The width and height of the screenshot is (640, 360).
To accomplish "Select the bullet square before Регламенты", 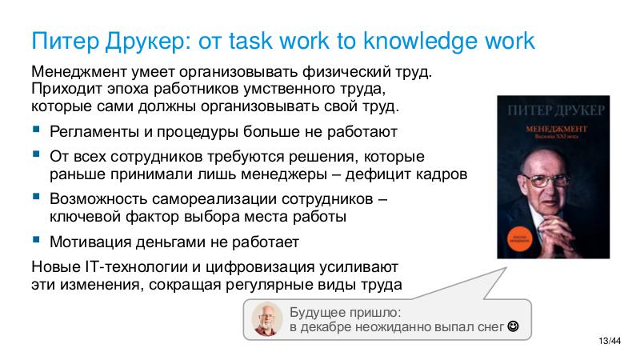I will coord(36,130).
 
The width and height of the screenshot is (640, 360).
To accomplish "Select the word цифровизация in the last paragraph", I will coord(272,266).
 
